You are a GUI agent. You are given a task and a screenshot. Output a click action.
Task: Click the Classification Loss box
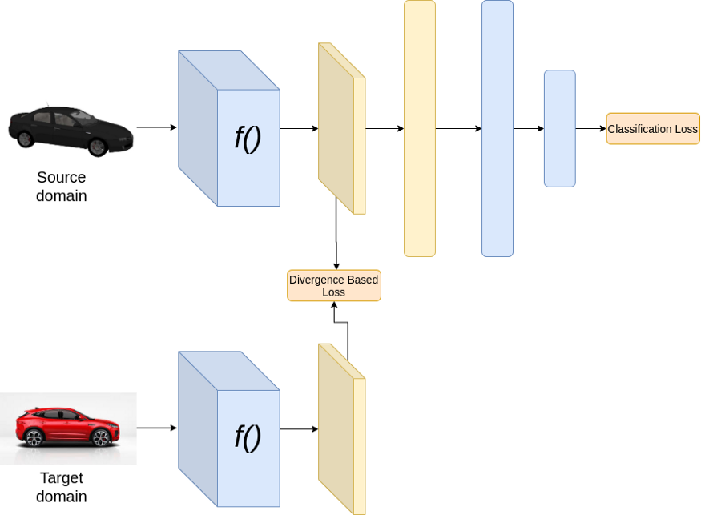652,129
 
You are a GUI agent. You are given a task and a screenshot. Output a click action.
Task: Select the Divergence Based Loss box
333,286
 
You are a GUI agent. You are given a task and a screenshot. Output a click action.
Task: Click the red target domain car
67,426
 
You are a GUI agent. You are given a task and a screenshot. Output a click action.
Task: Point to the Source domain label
61,186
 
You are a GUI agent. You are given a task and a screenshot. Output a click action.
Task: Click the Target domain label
61,487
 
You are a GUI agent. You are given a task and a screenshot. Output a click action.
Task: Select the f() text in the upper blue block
248,138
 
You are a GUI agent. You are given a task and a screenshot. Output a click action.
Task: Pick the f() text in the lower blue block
248,437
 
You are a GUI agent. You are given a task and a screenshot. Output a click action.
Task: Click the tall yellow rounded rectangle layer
420,128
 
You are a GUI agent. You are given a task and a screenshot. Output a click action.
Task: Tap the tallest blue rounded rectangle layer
497,128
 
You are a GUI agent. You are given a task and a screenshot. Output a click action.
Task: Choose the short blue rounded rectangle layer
559,128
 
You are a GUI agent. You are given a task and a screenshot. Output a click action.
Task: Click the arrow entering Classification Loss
590,128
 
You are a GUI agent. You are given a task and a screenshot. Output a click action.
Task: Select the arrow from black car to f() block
156,127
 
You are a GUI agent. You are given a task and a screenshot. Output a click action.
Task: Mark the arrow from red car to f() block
156,428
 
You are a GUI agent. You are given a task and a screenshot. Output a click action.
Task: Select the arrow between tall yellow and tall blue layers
458,128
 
